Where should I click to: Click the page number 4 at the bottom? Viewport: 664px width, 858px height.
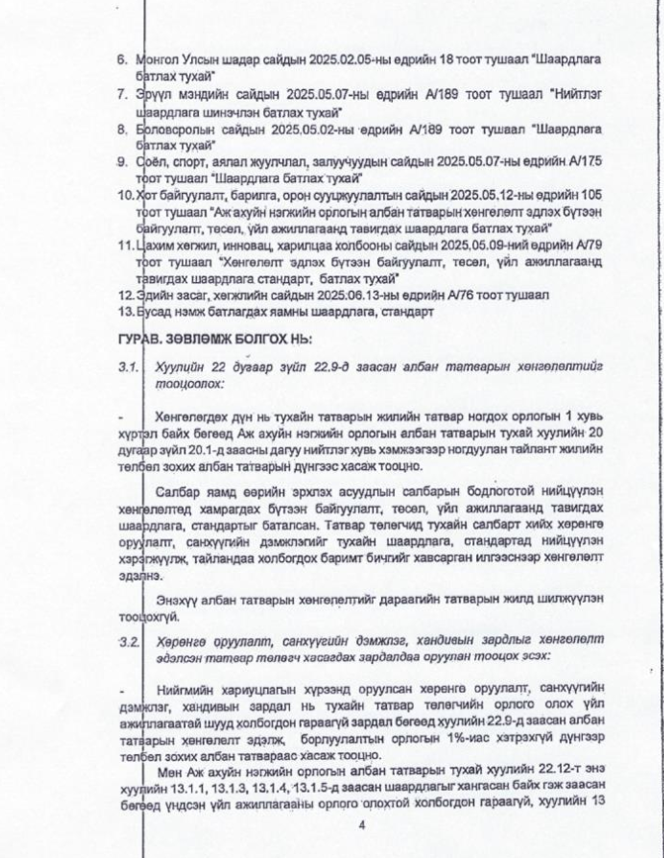point(362,825)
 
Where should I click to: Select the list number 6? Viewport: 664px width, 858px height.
point(122,60)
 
